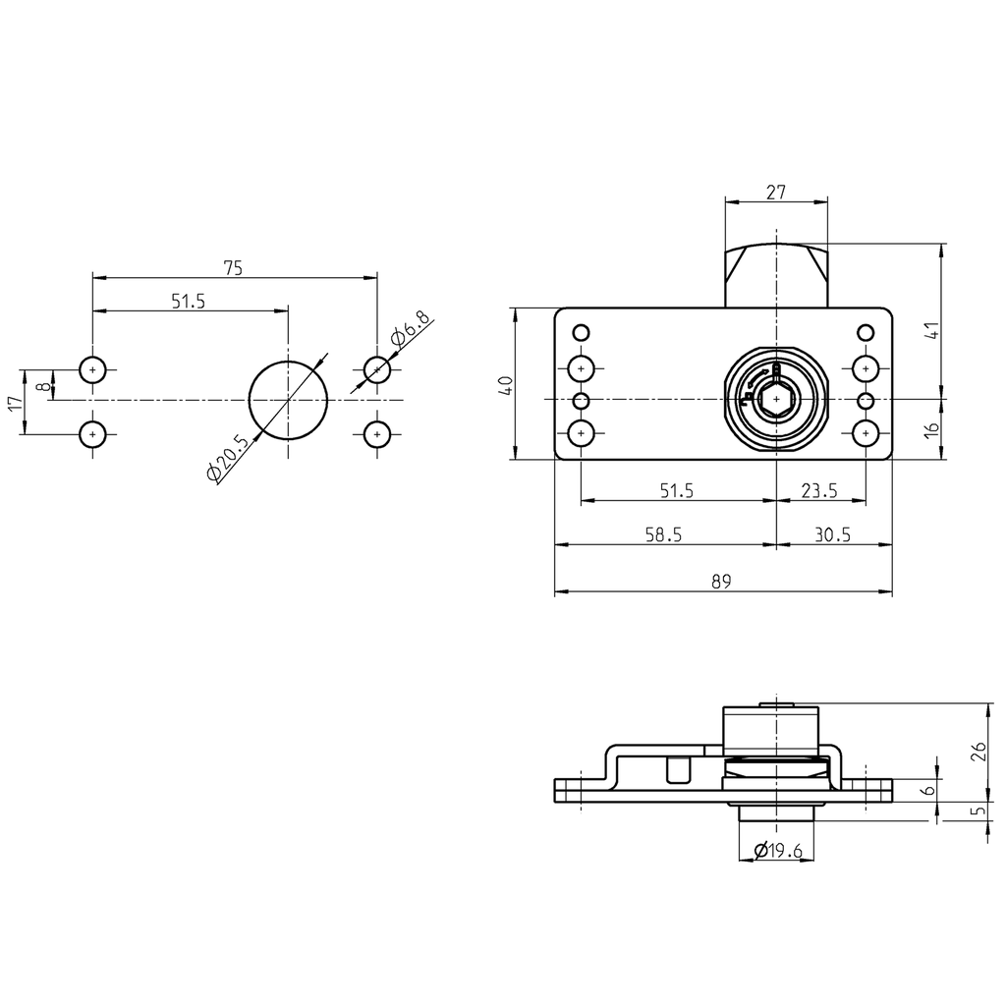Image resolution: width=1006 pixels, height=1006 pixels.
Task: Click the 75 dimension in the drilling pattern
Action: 233,267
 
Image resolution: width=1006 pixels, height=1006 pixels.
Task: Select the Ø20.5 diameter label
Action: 227,458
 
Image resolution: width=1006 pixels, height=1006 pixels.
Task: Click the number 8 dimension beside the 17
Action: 40,385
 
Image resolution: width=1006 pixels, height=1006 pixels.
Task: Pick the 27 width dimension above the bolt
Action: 775,193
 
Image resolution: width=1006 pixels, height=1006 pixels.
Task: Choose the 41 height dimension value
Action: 934,330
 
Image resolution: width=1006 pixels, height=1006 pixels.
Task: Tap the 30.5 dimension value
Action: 833,533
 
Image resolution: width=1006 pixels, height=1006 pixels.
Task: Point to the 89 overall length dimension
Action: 721,582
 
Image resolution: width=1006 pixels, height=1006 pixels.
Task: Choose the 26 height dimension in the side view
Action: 978,753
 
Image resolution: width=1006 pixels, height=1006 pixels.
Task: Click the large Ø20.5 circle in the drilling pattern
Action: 288,399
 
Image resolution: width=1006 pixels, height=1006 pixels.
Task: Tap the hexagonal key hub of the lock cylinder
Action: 776,400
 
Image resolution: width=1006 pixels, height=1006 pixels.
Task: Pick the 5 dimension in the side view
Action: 978,812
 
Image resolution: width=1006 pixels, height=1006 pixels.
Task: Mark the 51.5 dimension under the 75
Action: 188,301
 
